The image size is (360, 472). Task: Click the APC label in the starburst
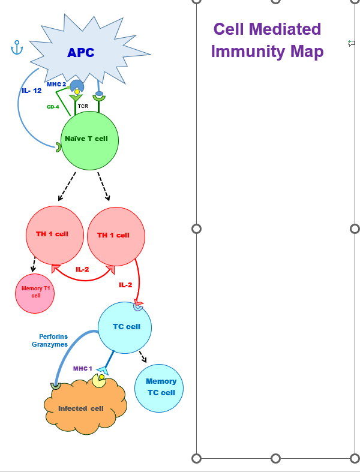pos(80,52)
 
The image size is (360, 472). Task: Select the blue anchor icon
pos(17,48)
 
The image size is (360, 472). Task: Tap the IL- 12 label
pos(31,91)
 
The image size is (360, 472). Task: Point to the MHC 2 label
pos(56,85)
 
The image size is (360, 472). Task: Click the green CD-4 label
pos(53,107)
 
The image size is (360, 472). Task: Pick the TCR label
pos(83,106)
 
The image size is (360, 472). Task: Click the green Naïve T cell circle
pos(90,140)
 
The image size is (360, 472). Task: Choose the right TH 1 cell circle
pos(113,235)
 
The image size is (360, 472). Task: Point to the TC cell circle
pos(125,327)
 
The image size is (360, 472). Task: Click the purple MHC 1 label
pos(83,368)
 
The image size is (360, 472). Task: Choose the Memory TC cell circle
pos(160,387)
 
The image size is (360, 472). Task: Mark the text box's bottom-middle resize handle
pos(276,458)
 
